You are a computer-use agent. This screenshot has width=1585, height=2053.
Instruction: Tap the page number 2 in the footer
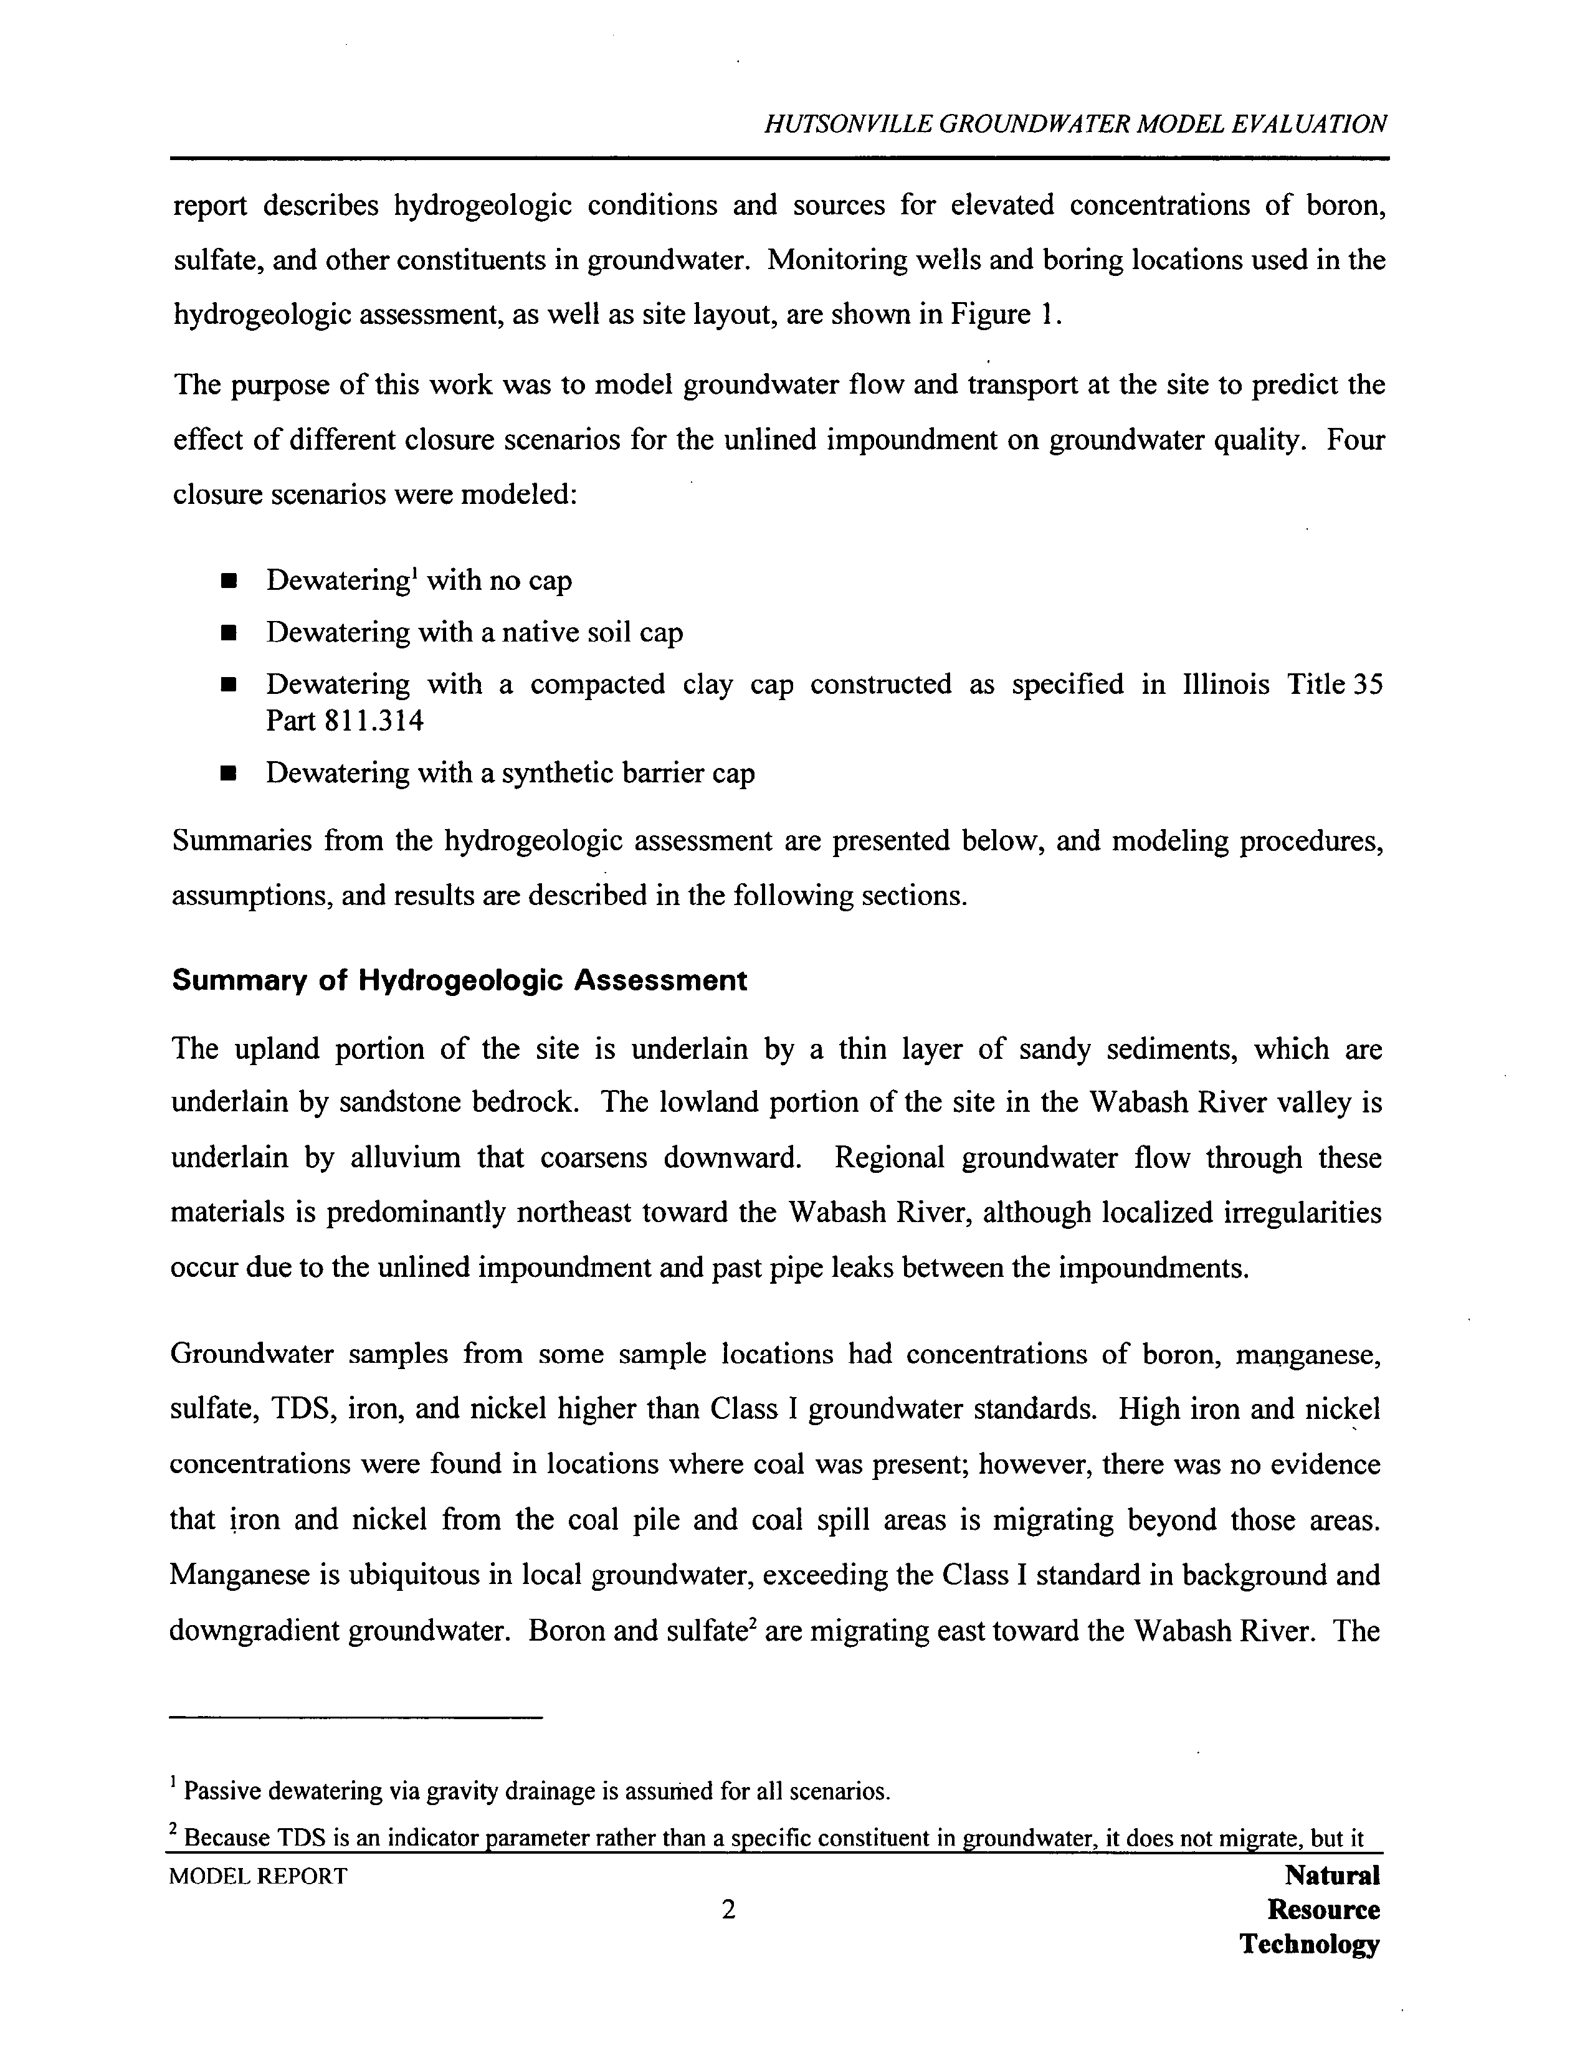728,1909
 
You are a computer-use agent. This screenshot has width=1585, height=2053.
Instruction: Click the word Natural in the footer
1331,1875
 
